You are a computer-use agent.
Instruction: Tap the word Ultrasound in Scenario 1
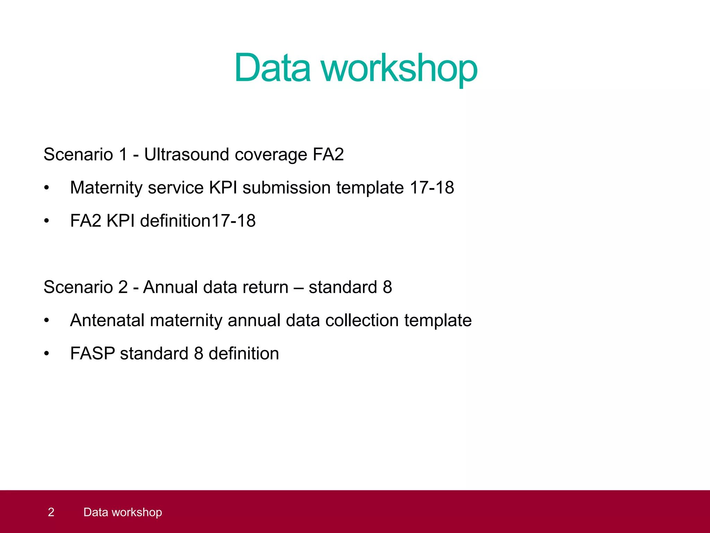click(187, 154)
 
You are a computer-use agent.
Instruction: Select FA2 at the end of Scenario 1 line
click(328, 154)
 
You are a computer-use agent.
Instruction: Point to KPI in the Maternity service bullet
click(223, 188)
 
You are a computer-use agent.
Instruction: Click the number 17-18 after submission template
click(432, 188)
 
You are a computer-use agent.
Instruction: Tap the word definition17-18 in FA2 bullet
click(198, 221)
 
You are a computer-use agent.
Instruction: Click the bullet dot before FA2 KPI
click(46, 221)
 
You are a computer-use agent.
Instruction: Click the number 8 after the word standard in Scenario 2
click(387, 287)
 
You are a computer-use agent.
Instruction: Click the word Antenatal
click(107, 320)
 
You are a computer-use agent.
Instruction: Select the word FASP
click(93, 354)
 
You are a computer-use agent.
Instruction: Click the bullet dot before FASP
click(46, 354)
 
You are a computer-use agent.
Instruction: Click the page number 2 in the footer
click(51, 512)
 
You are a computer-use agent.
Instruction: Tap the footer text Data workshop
click(123, 512)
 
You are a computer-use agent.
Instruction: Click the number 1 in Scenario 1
click(123, 154)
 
